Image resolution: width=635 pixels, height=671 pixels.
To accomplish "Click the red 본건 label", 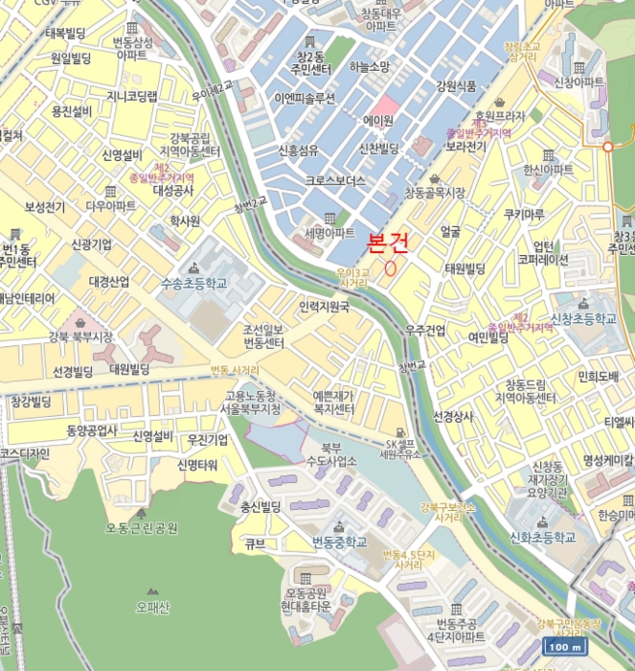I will (387, 243).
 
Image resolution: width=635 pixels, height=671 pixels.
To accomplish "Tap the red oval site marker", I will (390, 267).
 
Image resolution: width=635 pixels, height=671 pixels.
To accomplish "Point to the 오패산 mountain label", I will (152, 606).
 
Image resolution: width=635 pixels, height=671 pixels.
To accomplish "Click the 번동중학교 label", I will (339, 542).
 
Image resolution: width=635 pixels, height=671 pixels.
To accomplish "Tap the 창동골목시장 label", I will (434, 193).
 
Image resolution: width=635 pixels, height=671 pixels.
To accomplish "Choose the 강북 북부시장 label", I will (81, 336).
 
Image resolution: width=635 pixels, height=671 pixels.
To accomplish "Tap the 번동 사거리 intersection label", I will (235, 370).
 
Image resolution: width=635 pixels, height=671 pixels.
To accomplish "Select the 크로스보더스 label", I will (335, 180).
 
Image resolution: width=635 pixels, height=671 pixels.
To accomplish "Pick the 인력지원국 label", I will (324, 308).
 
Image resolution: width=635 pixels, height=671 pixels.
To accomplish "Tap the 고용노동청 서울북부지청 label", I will (253, 402).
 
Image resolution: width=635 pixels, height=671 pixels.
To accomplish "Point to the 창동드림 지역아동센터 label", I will (525, 390).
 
